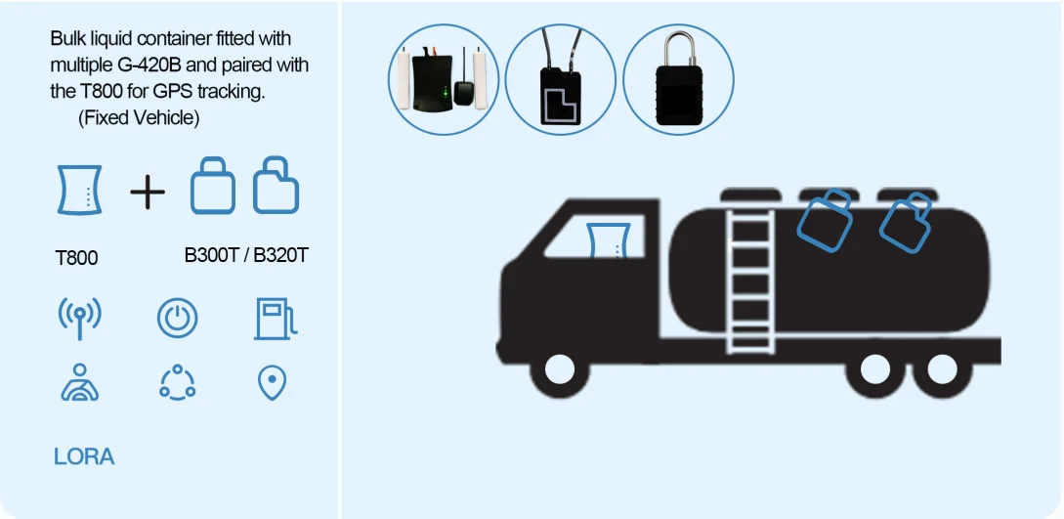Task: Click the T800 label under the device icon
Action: click(x=76, y=259)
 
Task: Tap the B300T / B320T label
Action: click(x=246, y=256)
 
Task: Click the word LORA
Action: click(x=84, y=456)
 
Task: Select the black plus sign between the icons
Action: click(x=148, y=193)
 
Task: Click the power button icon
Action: click(x=177, y=319)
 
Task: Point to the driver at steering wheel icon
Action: click(x=79, y=383)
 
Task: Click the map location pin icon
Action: click(x=271, y=383)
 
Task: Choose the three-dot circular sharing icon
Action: click(x=177, y=382)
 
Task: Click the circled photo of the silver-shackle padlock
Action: click(x=677, y=79)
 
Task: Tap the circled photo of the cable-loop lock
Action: click(x=560, y=79)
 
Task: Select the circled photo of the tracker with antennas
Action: click(x=444, y=79)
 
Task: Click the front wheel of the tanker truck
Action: click(x=559, y=369)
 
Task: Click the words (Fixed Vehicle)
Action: click(x=139, y=118)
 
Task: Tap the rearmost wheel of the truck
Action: click(x=941, y=369)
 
